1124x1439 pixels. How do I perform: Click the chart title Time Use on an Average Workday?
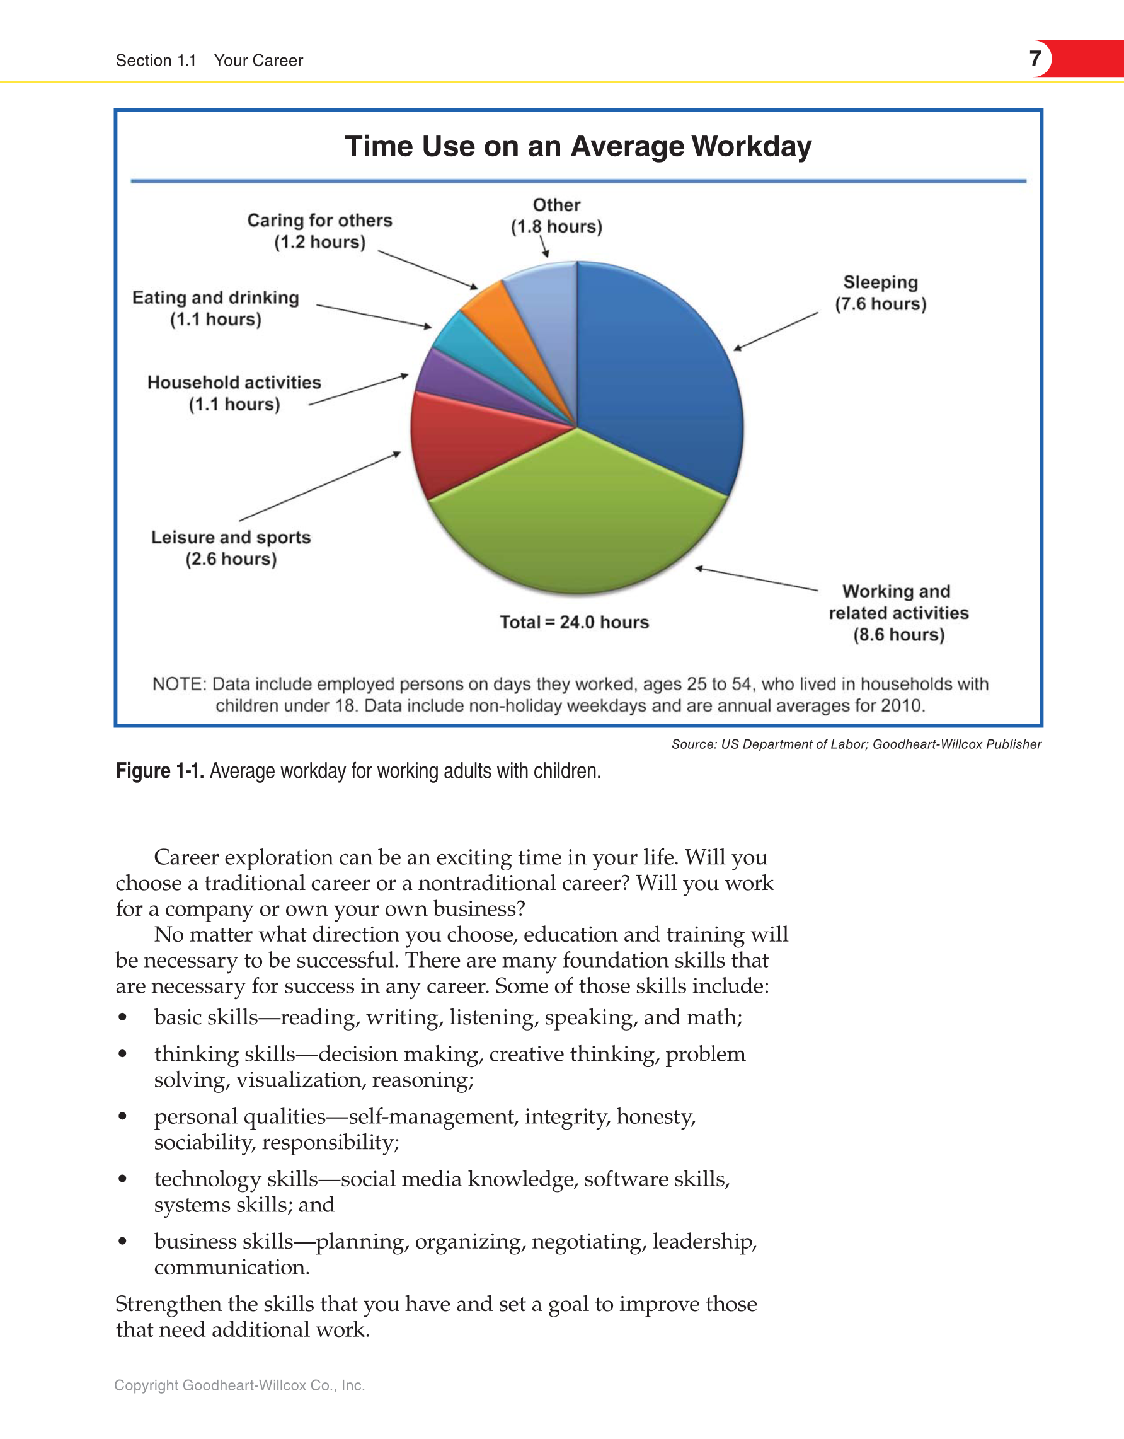(x=578, y=146)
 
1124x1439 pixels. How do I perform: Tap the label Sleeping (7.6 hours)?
(x=880, y=292)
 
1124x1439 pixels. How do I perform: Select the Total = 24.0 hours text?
(x=574, y=622)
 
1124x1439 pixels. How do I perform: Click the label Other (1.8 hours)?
(x=556, y=216)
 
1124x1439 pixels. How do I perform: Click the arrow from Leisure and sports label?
(x=319, y=486)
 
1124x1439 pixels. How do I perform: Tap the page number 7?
(x=1035, y=58)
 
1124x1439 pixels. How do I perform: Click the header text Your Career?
(x=258, y=61)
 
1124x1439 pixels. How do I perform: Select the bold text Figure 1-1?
(x=160, y=770)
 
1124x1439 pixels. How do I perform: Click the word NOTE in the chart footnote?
(x=178, y=684)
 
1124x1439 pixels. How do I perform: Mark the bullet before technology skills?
(x=122, y=1179)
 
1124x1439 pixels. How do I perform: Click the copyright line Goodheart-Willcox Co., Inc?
(x=239, y=1385)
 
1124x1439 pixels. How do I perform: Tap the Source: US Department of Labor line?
(x=856, y=744)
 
